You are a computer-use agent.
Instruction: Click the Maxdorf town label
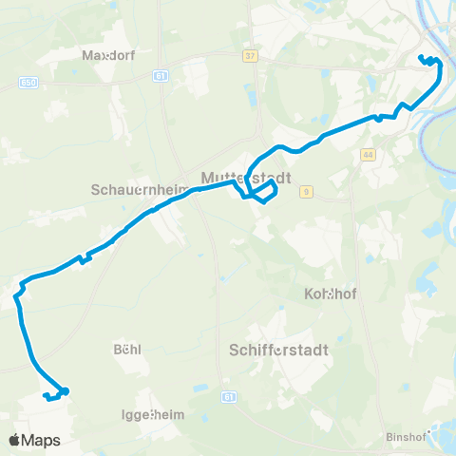109,55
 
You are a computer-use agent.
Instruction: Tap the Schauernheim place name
140,189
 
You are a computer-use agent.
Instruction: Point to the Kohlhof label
329,294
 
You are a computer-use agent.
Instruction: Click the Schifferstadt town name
279,350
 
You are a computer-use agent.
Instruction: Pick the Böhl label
126,349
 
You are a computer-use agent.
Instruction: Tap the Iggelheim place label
153,415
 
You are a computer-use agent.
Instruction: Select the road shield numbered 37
250,57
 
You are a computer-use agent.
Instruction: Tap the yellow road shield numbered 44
367,154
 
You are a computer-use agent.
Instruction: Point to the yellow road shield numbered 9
306,192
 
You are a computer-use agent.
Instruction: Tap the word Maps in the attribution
43,441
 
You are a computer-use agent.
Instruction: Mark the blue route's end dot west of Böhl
66,390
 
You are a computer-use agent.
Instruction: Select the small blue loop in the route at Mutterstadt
266,193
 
